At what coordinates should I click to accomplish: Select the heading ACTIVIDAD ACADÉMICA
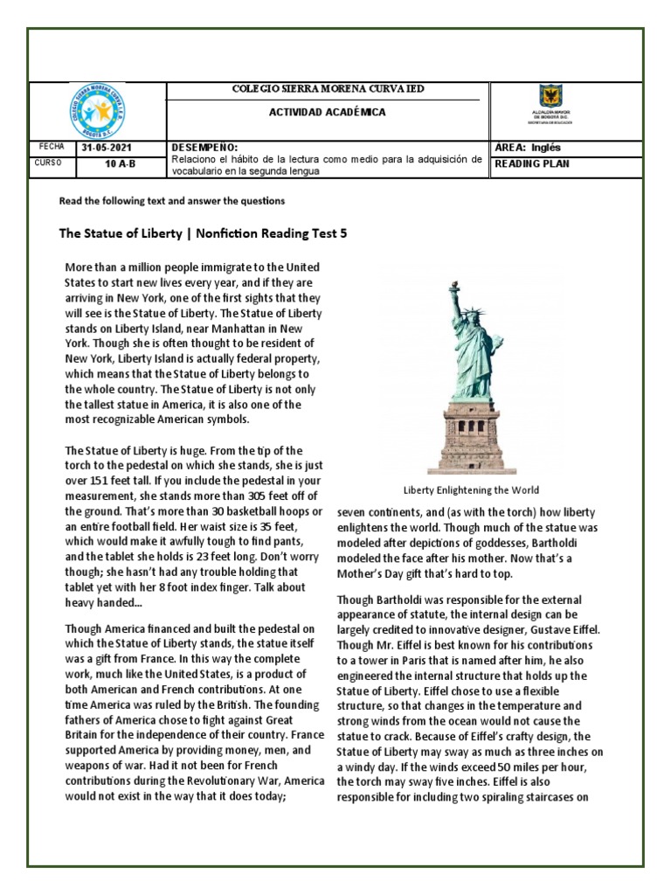[327, 113]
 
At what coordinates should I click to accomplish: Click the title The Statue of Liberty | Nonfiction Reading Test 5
[208, 233]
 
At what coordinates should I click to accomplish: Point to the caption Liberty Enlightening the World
[470, 490]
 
